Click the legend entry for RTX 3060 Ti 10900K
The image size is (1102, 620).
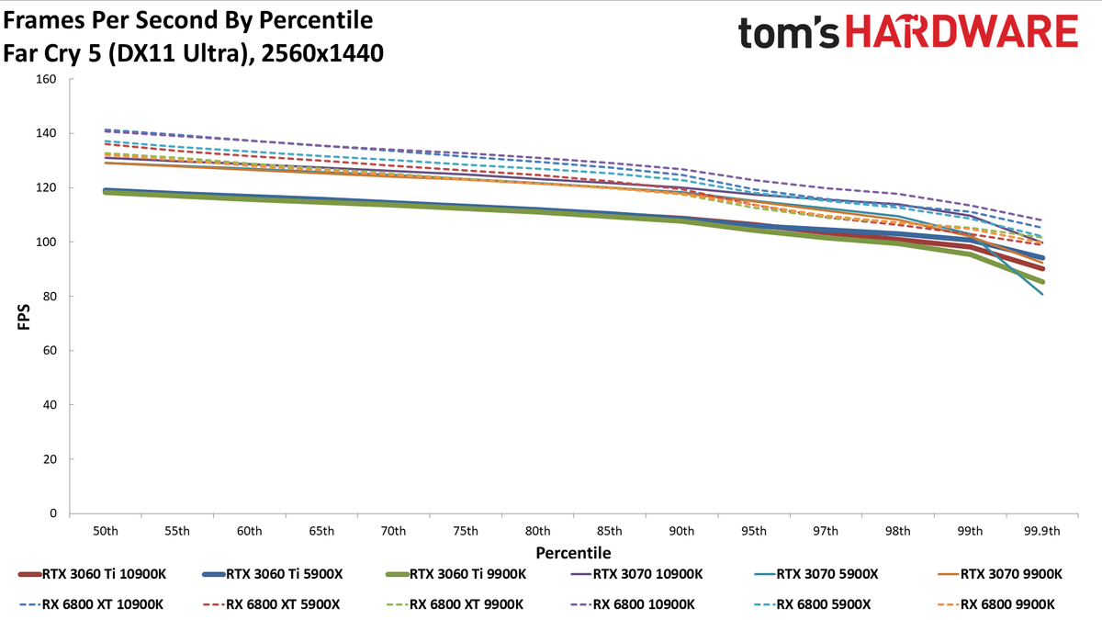(92, 574)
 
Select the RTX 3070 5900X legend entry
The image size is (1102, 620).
(815, 574)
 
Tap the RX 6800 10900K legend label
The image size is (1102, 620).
(644, 604)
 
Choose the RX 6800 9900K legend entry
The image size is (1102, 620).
(1007, 604)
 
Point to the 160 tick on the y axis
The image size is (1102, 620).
(46, 79)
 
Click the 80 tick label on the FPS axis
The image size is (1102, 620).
(50, 296)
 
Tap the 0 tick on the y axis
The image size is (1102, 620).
(53, 513)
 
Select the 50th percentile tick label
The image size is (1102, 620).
(106, 532)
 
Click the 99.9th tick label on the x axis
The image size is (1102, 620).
(1042, 532)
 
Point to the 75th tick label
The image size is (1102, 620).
(466, 532)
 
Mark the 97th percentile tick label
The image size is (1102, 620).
(826, 532)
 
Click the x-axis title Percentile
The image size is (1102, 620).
(573, 553)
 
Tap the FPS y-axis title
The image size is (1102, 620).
(24, 317)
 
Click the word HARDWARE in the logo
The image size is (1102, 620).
(961, 31)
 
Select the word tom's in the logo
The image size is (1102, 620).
(788, 33)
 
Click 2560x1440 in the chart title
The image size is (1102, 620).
(322, 53)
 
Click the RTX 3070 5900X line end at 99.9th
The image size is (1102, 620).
(1042, 294)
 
